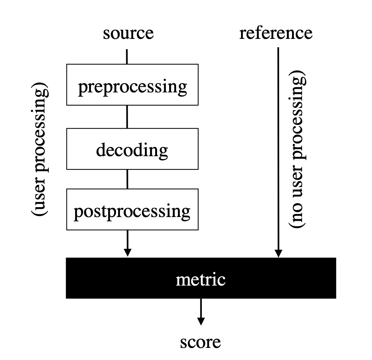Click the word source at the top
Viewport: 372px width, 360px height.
pos(128,33)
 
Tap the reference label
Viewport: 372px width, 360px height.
pos(276,33)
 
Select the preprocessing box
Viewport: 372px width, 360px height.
pos(132,85)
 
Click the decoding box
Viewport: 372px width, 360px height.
pos(132,149)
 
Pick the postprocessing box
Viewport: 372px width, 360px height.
pos(132,210)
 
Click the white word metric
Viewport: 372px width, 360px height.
pos(200,279)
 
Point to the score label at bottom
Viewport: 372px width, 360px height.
pos(200,342)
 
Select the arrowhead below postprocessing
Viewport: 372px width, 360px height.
pos(127,252)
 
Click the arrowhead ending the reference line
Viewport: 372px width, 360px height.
pos(278,253)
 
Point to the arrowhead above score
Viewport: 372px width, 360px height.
pos(201,320)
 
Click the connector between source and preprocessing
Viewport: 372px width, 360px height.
pos(127,56)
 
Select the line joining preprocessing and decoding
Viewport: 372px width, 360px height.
pos(127,117)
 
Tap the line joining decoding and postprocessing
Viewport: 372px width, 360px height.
pos(127,179)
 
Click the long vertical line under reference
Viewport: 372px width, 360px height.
pos(278,147)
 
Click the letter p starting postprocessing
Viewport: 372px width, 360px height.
pos(77,213)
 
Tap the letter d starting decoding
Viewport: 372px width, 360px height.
pos(101,150)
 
